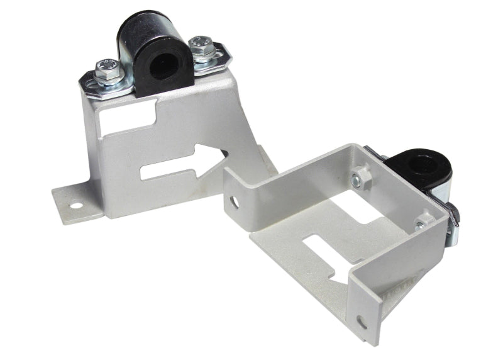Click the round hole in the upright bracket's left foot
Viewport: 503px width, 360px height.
[75, 204]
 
